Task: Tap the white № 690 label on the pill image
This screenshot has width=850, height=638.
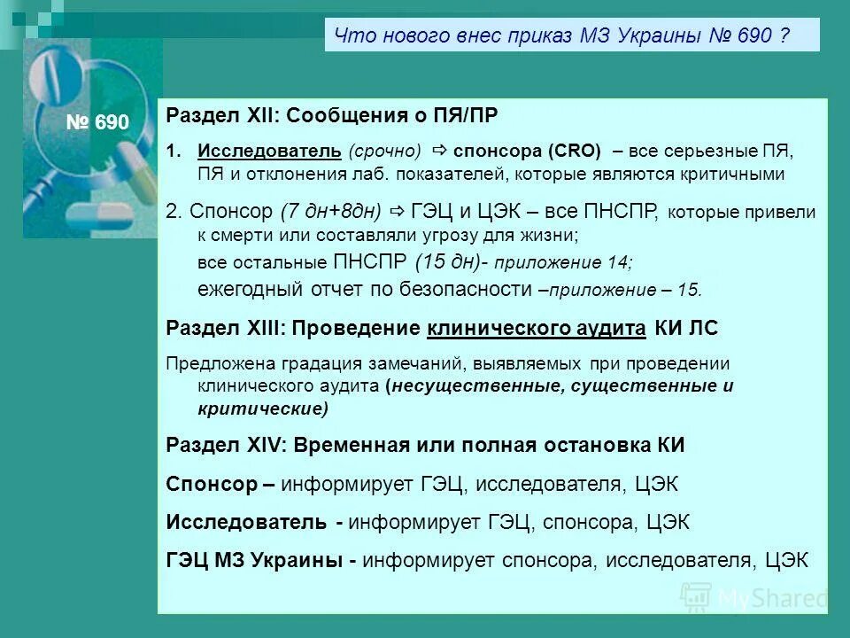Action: pos(97,122)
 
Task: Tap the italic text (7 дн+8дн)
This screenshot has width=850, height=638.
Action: pos(329,211)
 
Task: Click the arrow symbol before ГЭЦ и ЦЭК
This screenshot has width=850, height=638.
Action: pos(396,211)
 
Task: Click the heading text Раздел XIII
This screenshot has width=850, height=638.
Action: pos(224,328)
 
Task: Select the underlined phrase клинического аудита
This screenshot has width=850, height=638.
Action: pos(537,328)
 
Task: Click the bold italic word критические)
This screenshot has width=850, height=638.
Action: pos(262,408)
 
